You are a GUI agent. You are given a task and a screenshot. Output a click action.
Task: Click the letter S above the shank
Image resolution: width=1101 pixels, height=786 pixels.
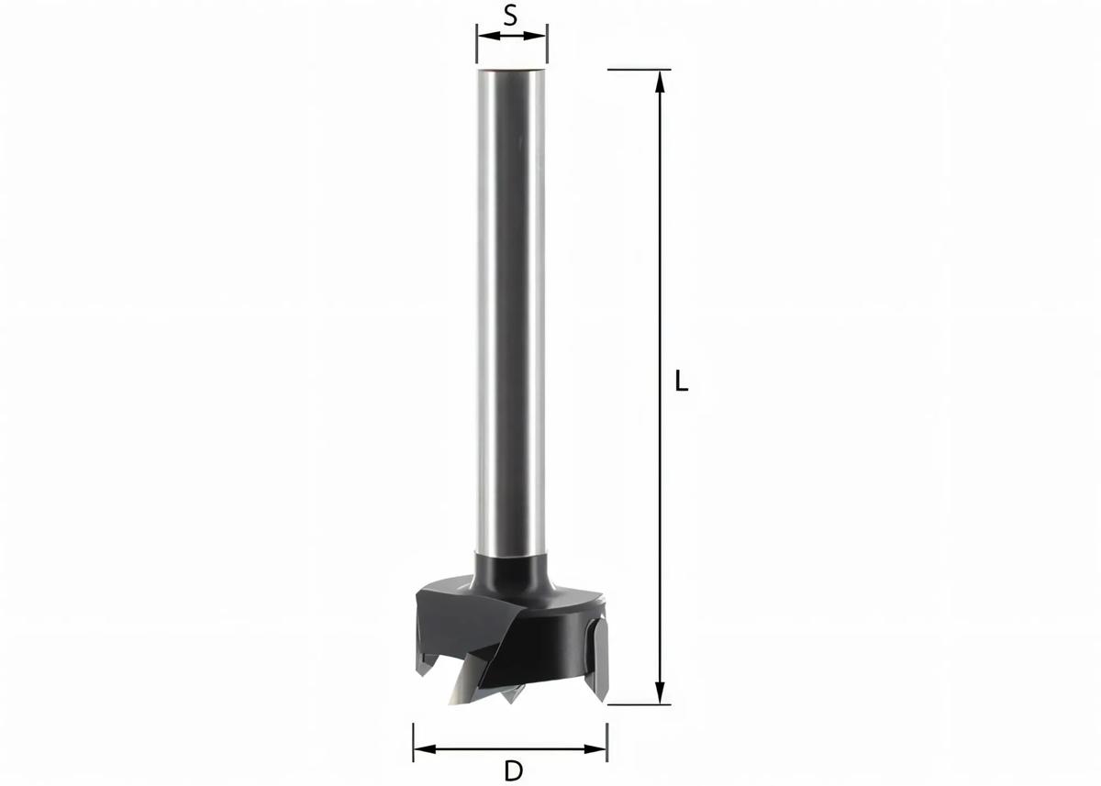click(x=511, y=17)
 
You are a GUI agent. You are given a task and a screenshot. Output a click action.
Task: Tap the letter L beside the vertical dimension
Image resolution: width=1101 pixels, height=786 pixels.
click(x=681, y=381)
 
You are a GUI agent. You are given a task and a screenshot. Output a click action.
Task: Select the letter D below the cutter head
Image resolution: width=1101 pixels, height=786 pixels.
click(x=514, y=770)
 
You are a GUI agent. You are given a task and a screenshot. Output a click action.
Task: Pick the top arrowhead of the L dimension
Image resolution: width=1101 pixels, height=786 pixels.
click(x=660, y=81)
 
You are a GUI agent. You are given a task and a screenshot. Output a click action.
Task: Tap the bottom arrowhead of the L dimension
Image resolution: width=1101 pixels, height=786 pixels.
click(x=660, y=692)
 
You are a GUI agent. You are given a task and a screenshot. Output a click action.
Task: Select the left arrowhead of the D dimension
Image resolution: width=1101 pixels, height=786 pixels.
click(x=425, y=749)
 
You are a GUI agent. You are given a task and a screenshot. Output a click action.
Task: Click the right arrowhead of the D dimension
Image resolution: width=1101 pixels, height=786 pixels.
click(x=595, y=749)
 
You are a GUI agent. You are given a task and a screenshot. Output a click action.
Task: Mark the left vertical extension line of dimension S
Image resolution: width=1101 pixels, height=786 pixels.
click(x=477, y=44)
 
